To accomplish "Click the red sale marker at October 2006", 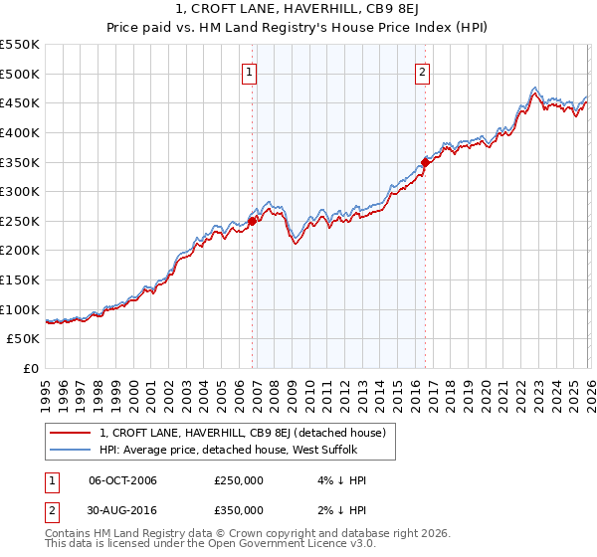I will click(x=252, y=222).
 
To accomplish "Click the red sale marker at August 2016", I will click(x=425, y=162).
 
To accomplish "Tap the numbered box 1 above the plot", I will click(x=248, y=72).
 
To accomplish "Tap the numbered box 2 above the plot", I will click(x=423, y=72).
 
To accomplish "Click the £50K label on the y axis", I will click(x=24, y=339).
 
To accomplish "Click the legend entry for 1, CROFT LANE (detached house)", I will click(x=248, y=432).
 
